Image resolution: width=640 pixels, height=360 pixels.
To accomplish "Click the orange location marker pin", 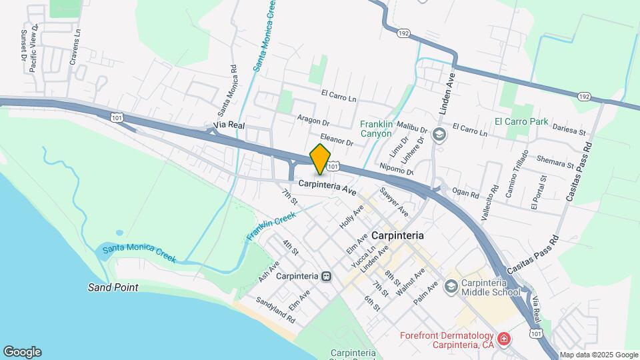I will (x=321, y=158).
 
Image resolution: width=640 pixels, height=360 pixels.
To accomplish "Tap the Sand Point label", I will (x=113, y=287).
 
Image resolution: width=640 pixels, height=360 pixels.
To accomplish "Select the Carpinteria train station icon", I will (x=326, y=276).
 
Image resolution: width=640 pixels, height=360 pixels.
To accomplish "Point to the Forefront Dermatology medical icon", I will (x=505, y=339).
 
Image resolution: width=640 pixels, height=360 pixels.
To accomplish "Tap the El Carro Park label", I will (x=521, y=122).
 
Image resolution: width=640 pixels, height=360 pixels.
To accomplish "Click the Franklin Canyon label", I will (x=384, y=129).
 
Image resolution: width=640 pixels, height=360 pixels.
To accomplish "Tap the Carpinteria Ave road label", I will (x=327, y=188).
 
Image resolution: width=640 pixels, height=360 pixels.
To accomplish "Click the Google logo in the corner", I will (x=22, y=352).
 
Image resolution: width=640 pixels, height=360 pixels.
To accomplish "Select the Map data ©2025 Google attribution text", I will (x=598, y=355).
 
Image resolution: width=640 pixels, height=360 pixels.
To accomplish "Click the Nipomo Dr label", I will (x=396, y=169).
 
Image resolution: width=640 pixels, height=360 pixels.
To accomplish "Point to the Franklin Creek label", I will (x=271, y=226).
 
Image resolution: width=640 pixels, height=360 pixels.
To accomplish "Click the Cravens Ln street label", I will (x=75, y=48).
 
